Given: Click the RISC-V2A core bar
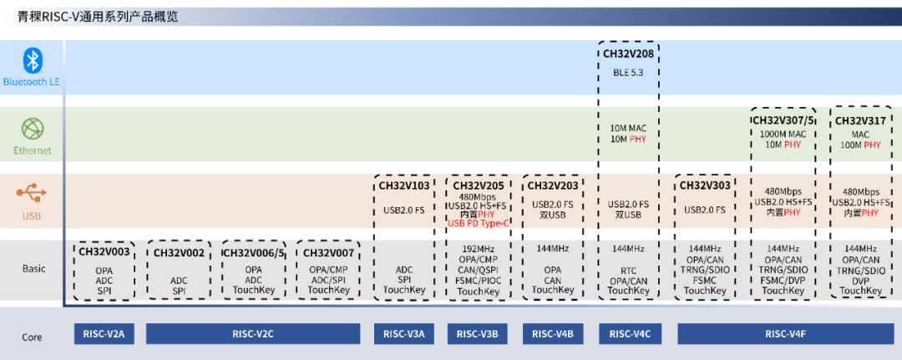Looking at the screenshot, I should [x=104, y=334].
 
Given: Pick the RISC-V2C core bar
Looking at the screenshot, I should [x=253, y=334].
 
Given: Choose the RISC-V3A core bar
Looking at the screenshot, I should [x=403, y=334].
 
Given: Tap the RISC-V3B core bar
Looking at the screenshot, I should [x=478, y=334].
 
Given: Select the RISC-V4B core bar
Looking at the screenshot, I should [x=552, y=334].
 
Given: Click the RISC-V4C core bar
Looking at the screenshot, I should [x=630, y=334].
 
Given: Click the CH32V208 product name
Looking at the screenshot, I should [x=629, y=53].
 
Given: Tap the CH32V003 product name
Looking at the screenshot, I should [x=105, y=252].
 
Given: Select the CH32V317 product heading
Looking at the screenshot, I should [x=860, y=120].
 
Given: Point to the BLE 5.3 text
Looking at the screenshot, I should [x=629, y=72].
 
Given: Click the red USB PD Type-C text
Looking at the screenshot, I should [x=478, y=223].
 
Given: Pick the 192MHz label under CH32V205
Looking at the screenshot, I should [x=478, y=249].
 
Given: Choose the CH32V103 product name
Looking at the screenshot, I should [x=403, y=185].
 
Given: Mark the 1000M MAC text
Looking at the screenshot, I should [x=783, y=134].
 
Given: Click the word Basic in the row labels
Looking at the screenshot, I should [x=33, y=269].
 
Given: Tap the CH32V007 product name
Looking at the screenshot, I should [x=328, y=252].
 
